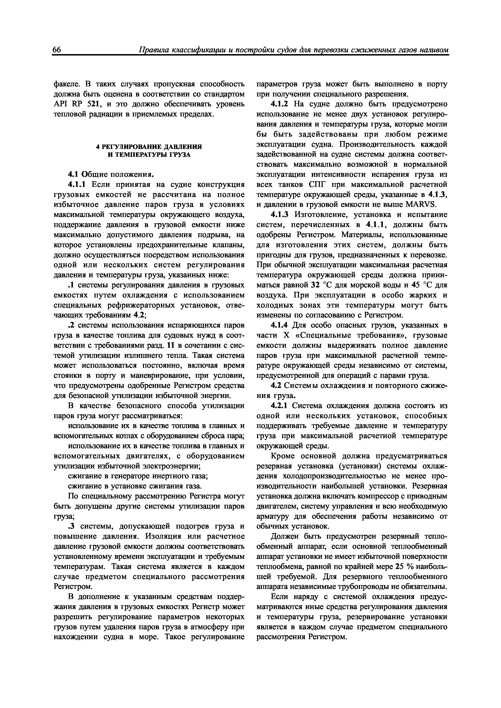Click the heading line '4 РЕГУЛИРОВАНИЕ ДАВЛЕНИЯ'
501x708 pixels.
tap(149, 146)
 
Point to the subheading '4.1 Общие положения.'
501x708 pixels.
tap(111, 175)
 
